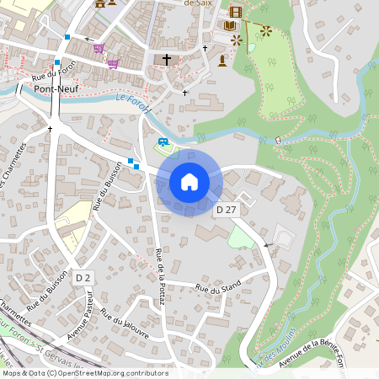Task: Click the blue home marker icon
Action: point(189,181)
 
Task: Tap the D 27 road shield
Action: point(225,209)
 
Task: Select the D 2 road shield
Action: point(83,277)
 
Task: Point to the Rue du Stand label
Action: point(218,286)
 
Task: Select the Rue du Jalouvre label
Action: point(124,323)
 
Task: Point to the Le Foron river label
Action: point(132,104)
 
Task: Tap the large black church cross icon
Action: point(167,60)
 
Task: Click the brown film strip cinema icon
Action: point(235,12)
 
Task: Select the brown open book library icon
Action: point(230,26)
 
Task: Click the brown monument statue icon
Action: point(222,61)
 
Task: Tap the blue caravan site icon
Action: point(163,141)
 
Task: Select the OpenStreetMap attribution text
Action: point(84,373)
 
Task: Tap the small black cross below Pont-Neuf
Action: point(51,129)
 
